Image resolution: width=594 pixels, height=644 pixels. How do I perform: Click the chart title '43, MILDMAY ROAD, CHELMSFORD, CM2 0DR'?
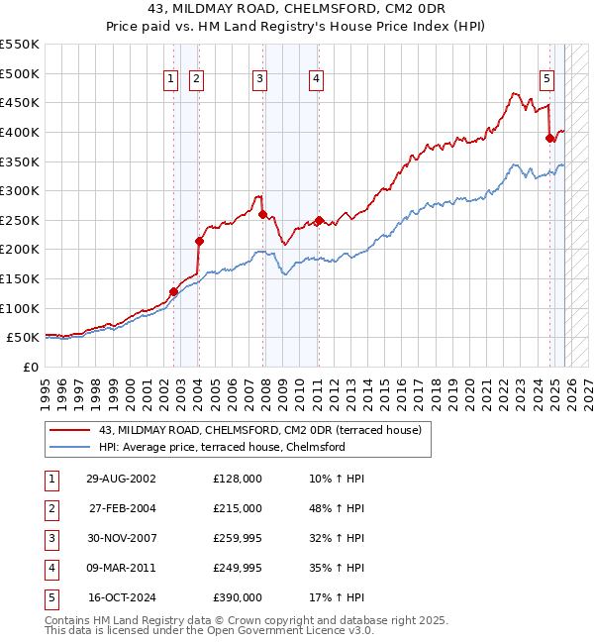296,10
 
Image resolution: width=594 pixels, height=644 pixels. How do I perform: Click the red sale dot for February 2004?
200,241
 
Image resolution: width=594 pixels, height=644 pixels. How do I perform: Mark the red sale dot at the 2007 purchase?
262,214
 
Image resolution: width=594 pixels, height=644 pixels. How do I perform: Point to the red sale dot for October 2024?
549,139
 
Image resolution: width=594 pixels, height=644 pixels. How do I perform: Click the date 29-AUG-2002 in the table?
121,479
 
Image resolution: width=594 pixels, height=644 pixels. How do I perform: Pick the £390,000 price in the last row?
238,597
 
